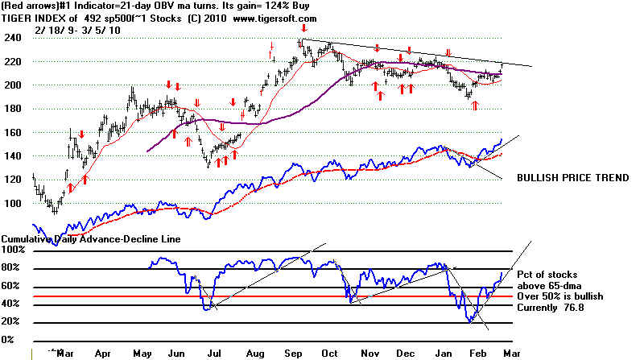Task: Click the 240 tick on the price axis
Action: [10, 37]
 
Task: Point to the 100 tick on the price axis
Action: [10, 202]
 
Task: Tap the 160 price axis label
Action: [10, 131]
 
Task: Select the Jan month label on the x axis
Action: [444, 353]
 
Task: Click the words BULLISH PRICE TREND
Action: [572, 177]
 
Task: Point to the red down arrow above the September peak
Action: [303, 29]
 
